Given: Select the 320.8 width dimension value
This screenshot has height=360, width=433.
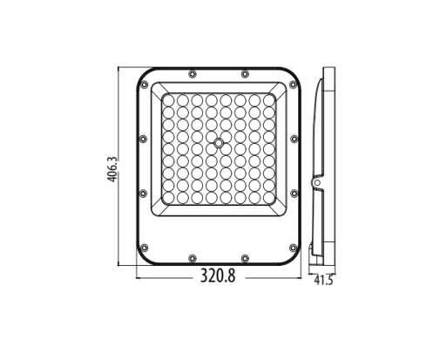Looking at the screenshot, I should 219,281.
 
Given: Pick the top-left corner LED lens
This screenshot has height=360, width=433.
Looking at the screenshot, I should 171,100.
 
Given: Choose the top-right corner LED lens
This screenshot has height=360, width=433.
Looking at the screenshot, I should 267,100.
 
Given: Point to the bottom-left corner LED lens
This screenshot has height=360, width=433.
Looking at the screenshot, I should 171,197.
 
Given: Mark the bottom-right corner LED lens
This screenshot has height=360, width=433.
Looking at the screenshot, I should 267,197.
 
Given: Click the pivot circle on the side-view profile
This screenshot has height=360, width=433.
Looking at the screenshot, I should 318,181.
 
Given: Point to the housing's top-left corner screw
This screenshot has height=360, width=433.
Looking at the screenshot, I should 145,85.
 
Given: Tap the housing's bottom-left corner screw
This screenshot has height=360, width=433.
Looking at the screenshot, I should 145,246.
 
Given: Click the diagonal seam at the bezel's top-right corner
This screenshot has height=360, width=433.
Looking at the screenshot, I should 281,85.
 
